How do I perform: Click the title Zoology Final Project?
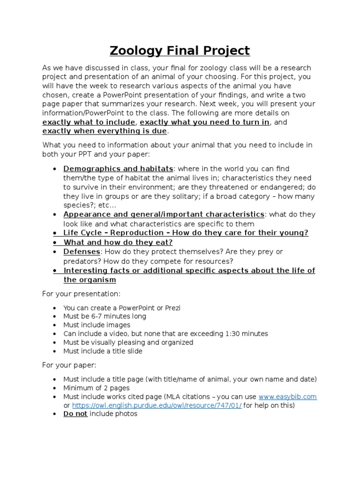pyautogui.click(x=180, y=50)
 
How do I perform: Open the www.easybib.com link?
pyautogui.click(x=287, y=397)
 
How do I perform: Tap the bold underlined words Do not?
pyautogui.click(x=75, y=414)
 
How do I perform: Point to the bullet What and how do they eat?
pyautogui.click(x=118, y=242)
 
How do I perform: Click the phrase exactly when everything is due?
pyautogui.click(x=105, y=131)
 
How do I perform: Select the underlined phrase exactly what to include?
pyautogui.click(x=89, y=122)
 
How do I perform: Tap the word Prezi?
pyautogui.click(x=171, y=307)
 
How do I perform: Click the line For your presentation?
pyautogui.click(x=82, y=293)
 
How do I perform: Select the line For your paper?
pyautogui.click(x=69, y=365)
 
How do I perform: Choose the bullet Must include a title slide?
pyautogui.click(x=103, y=351)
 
